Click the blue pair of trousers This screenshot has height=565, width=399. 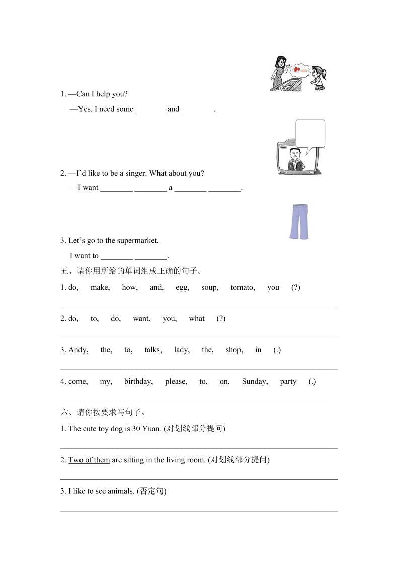click(x=298, y=222)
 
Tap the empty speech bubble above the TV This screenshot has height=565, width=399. click(x=310, y=134)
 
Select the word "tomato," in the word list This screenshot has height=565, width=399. click(x=243, y=287)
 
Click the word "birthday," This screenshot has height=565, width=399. click(x=138, y=381)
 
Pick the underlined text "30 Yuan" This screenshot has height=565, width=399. click(x=146, y=429)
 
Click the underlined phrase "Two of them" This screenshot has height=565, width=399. click(x=89, y=460)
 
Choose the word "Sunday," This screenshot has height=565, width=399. click(x=255, y=381)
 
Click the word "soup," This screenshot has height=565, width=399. click(x=210, y=287)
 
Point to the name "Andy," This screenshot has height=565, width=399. click(x=78, y=350)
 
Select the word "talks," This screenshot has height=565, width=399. click(x=153, y=350)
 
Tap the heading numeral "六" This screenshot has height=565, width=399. click(x=64, y=413)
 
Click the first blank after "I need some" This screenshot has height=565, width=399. click(x=151, y=110)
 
